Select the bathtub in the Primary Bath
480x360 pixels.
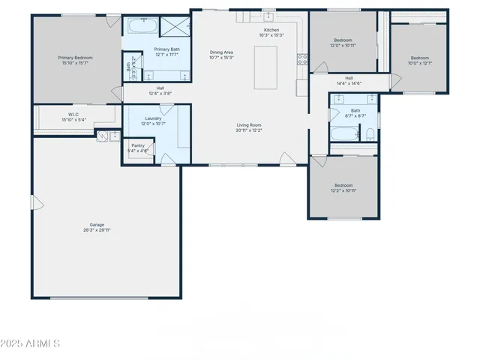tap(141, 26)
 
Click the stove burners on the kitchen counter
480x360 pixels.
tap(302, 59)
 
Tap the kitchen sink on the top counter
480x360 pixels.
tap(268, 17)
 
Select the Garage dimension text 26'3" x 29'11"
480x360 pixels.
tap(97, 230)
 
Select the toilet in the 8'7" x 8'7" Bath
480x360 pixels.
tap(370, 134)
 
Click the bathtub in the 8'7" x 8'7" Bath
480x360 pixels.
tap(346, 136)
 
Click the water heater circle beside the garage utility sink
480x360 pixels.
tap(101, 136)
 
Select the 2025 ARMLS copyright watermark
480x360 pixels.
tap(31, 343)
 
